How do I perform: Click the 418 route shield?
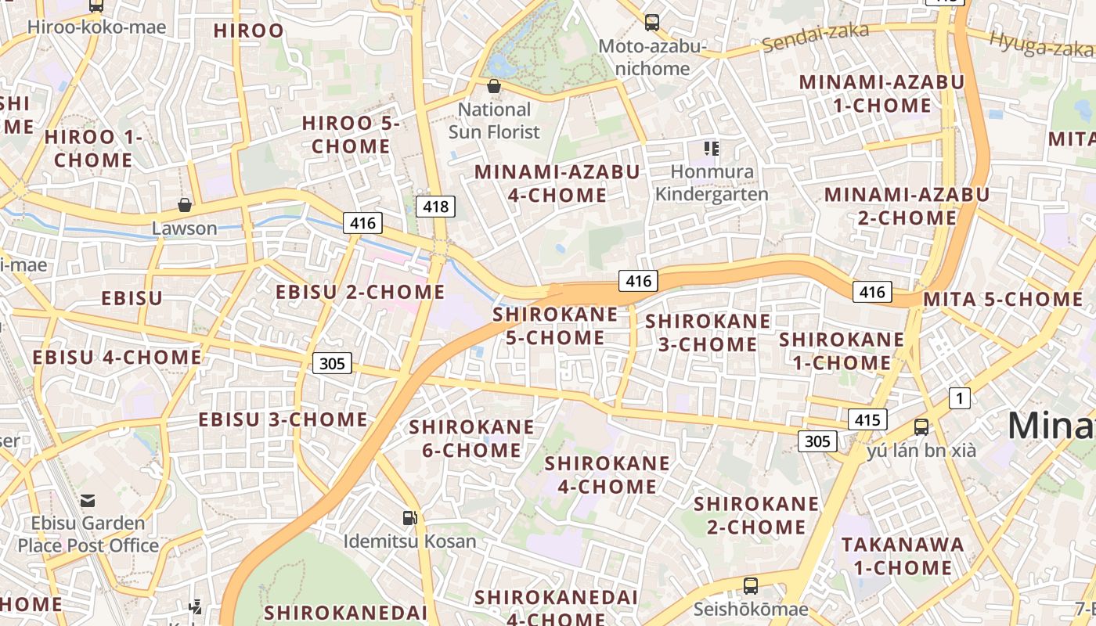tap(435, 207)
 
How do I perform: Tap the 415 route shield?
tap(867, 419)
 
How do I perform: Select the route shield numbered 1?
tap(960, 398)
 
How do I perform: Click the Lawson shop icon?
tap(185, 206)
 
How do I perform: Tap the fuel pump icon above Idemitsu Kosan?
tap(409, 517)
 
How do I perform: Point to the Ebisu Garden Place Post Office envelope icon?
tap(88, 500)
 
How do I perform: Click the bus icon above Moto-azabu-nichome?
tap(651, 23)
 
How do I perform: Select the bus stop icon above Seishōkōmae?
tap(750, 585)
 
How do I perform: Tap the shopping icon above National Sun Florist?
tap(494, 86)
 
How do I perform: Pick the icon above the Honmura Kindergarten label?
tap(711, 148)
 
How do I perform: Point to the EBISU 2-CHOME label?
tap(360, 292)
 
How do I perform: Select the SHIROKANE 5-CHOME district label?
tap(555, 326)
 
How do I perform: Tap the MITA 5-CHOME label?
tap(1003, 299)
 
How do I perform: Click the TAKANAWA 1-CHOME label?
tap(902, 556)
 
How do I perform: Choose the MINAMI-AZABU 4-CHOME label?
tap(557, 183)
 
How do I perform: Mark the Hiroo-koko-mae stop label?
tap(96, 27)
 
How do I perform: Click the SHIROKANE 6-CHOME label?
tap(471, 438)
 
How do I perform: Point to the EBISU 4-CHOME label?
tap(117, 358)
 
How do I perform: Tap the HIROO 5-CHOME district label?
tap(350, 135)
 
